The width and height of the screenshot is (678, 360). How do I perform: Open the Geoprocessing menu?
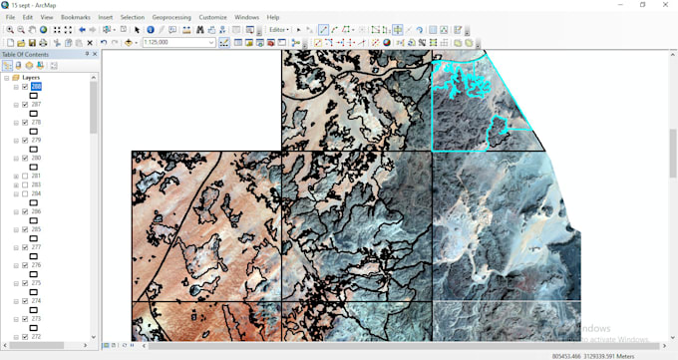coord(170,17)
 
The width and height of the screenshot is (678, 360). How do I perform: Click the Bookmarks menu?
coord(75,17)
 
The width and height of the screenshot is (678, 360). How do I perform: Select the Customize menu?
coord(212,17)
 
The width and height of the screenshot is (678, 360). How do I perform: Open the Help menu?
coord(273,17)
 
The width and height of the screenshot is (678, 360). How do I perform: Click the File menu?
coord(10,17)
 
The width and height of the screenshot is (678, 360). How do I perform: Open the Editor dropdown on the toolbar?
coord(279,30)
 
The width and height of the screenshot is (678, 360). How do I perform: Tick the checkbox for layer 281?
coord(24,177)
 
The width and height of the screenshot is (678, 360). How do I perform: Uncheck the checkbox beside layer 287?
coord(24,105)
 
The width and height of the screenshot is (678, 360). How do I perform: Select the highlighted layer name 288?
coord(36,87)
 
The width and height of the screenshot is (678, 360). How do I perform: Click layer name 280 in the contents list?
coord(36,159)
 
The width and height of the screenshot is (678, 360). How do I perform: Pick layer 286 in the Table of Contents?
coord(36,212)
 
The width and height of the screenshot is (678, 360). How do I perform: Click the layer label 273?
coord(36,319)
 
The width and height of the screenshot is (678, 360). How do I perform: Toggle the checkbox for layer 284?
coord(24,194)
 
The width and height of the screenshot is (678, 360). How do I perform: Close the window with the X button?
coord(665,5)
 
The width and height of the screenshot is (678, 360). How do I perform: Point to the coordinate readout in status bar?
coord(593,355)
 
